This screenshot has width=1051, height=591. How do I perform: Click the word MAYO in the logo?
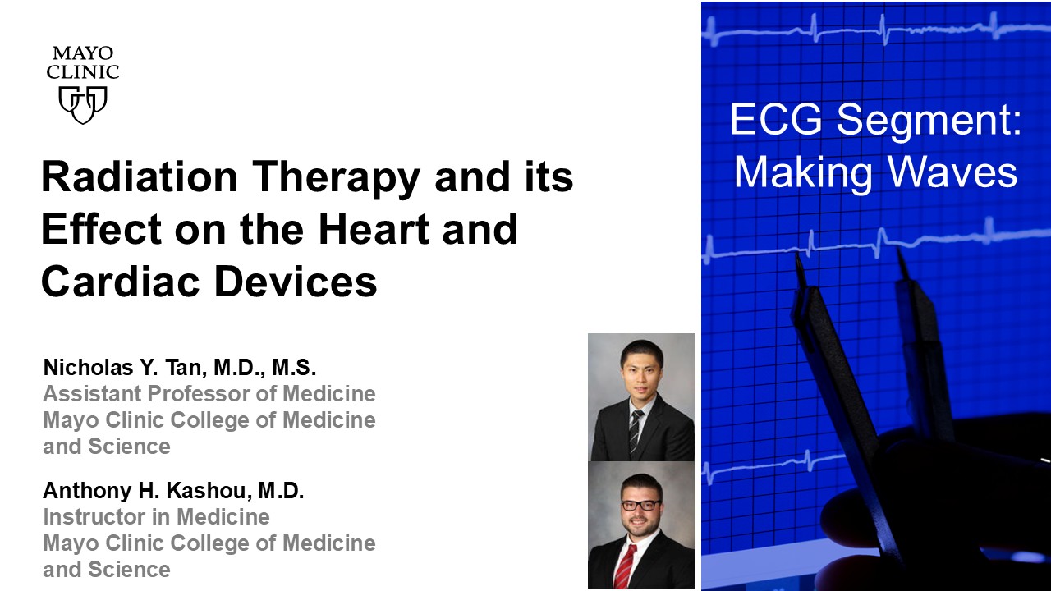coord(83,55)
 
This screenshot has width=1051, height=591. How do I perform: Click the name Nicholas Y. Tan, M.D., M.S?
coord(179,368)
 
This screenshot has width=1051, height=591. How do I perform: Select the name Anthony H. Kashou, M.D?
coord(173,491)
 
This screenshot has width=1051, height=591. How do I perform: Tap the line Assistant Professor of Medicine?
coord(209,394)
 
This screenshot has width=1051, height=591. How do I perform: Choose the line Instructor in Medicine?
coord(156,517)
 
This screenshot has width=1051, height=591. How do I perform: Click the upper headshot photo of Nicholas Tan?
coord(642,397)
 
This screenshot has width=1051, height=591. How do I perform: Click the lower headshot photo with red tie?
coord(642,525)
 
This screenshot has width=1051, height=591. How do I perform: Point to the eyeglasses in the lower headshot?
coord(641,506)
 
